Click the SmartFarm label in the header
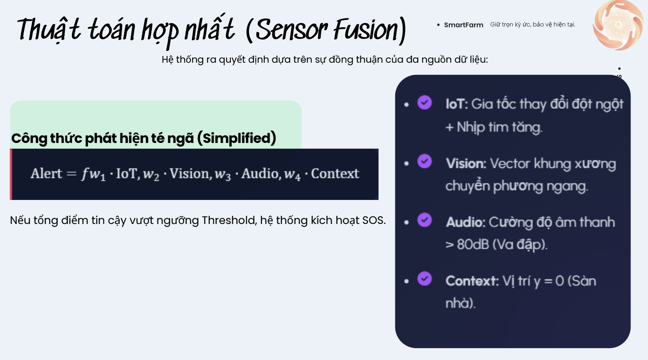(x=463, y=25)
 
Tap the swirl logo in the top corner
(x=618, y=25)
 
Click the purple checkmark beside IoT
(x=425, y=103)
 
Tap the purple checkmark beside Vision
(x=425, y=161)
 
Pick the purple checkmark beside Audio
(x=425, y=220)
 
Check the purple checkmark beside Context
(x=425, y=279)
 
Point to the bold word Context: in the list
(x=472, y=281)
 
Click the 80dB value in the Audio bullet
(x=472, y=244)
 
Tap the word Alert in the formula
(x=46, y=174)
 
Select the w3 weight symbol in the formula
(x=223, y=175)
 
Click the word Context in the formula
(x=335, y=174)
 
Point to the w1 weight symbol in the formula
(x=97, y=175)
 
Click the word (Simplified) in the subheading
(x=236, y=138)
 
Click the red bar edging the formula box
(x=11, y=174)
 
